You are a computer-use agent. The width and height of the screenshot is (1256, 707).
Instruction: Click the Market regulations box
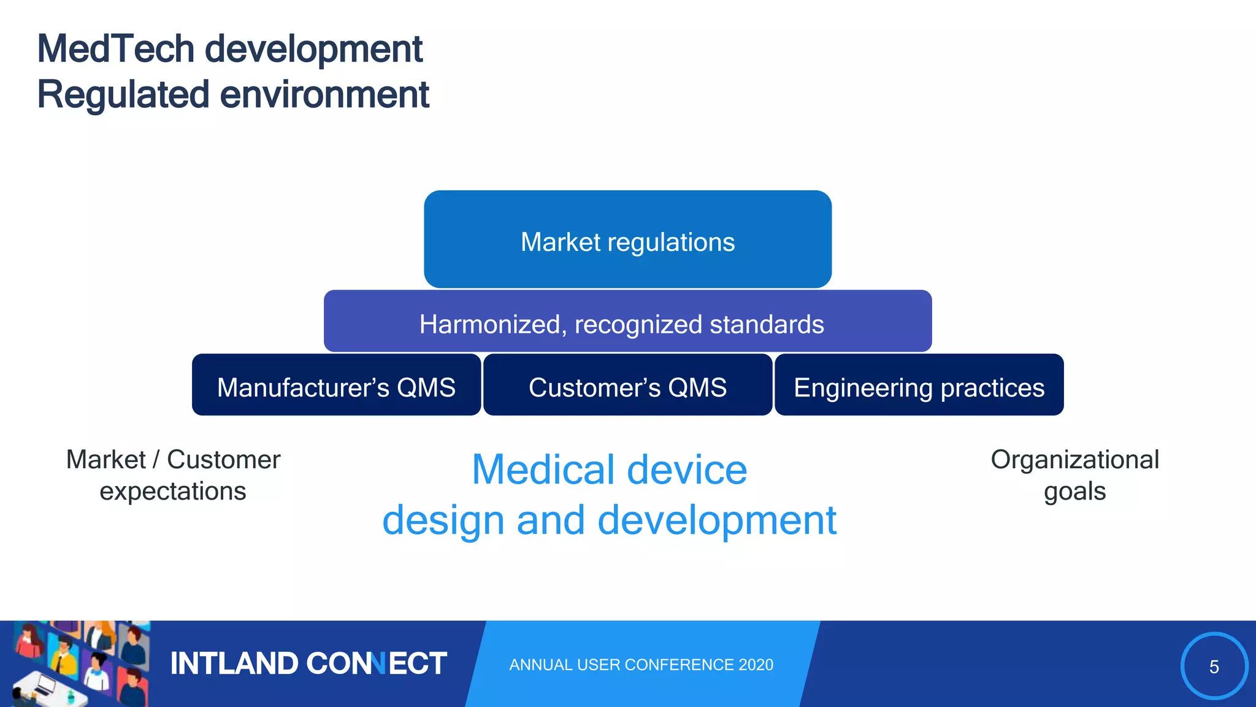click(x=627, y=239)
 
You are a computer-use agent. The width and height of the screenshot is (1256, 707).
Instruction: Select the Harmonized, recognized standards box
click(x=627, y=322)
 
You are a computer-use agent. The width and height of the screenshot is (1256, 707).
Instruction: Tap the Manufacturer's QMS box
click(x=336, y=385)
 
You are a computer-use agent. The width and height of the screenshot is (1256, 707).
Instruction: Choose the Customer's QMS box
click(x=627, y=385)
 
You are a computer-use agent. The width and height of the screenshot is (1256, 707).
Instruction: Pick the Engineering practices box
click(x=919, y=385)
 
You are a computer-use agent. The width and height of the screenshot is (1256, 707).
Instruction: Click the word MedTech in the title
click(x=115, y=49)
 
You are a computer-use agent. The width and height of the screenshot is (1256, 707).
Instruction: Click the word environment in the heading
click(x=324, y=95)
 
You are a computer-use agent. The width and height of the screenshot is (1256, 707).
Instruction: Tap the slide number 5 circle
click(x=1214, y=666)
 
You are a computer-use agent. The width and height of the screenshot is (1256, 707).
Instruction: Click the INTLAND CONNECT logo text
click(x=308, y=663)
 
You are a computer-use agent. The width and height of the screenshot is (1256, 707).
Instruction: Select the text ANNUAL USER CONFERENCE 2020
click(x=641, y=665)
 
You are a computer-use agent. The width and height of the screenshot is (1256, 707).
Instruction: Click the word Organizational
click(x=1074, y=460)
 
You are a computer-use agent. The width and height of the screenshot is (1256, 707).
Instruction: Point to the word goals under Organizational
click(x=1074, y=492)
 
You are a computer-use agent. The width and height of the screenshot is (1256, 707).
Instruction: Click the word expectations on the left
click(x=173, y=492)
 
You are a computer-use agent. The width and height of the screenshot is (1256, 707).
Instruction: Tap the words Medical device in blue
click(x=609, y=470)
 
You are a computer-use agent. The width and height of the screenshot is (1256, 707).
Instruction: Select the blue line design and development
click(x=609, y=520)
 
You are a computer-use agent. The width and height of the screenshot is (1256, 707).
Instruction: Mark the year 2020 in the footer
click(x=756, y=665)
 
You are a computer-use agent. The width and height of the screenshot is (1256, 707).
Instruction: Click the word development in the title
click(x=313, y=49)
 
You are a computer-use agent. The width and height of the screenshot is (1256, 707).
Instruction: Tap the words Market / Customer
click(x=173, y=460)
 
